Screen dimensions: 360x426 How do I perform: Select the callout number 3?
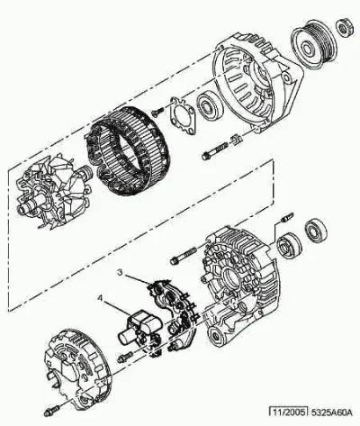[x=120, y=272]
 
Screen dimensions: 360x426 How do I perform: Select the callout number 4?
[x=100, y=298]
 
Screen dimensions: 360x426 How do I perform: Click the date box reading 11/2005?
[x=288, y=412]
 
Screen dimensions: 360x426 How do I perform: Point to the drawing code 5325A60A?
[x=330, y=412]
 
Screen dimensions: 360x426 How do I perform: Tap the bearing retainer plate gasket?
[x=184, y=114]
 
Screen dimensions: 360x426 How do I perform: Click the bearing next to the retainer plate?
[x=210, y=106]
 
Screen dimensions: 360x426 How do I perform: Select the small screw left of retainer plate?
[x=157, y=112]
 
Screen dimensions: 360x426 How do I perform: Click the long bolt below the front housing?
[x=215, y=151]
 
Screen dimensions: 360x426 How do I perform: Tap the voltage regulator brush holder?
[x=139, y=328]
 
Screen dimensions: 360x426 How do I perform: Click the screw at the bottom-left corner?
[x=51, y=411]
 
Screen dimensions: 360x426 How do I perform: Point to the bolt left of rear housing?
[x=184, y=256]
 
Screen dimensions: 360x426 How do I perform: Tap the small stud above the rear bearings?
[x=287, y=217]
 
